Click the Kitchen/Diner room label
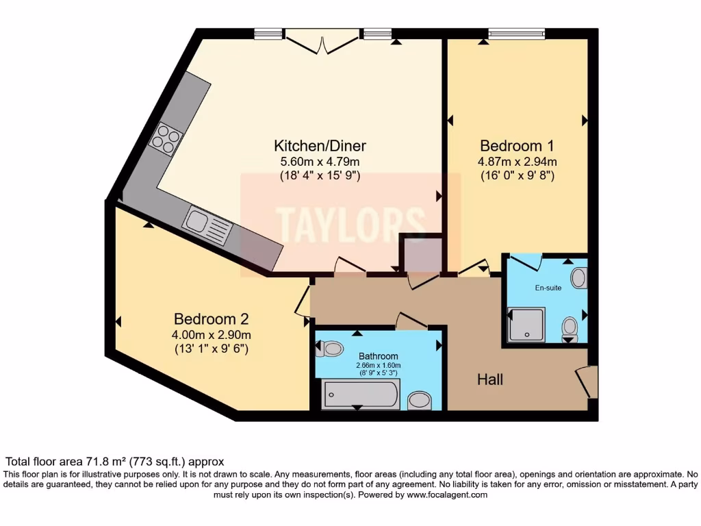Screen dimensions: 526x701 pos(320,146)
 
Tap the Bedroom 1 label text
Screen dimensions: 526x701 pos(516,146)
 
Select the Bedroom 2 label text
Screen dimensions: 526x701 pos(211,319)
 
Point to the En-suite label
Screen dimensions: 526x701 pos(548,288)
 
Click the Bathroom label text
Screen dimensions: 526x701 pos(378,356)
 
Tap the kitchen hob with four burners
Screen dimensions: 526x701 pos(166,138)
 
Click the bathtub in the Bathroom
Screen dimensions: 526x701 pos(360,395)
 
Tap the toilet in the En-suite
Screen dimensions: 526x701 pos(569,329)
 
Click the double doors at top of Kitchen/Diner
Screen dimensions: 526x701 pos(322,41)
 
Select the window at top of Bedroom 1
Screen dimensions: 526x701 pos(516,34)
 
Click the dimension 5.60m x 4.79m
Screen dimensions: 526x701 pos(320,162)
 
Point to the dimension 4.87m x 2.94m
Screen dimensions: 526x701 pos(516,162)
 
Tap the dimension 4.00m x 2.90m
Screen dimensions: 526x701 pos(211,335)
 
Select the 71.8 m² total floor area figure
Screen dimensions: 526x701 pos(98,462)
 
